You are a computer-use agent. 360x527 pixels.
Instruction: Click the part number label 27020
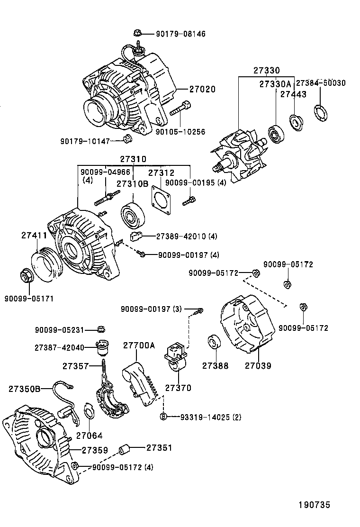[x=202, y=89]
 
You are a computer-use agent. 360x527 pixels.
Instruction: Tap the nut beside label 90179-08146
[x=137, y=34]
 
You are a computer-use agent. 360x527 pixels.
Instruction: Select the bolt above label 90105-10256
[x=180, y=111]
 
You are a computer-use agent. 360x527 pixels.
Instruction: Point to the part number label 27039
[x=258, y=365]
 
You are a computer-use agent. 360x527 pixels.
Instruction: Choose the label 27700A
[x=139, y=345]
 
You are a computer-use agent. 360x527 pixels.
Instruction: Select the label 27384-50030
[x=321, y=82]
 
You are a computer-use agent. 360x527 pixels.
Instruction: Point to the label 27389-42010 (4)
[x=180, y=236]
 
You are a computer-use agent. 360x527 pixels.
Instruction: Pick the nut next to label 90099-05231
[x=101, y=329]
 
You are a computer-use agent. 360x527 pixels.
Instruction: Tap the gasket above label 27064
[x=89, y=411]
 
